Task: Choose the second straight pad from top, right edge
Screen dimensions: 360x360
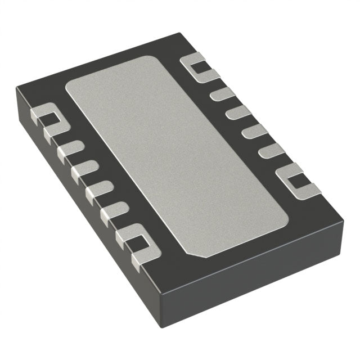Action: click(238, 112)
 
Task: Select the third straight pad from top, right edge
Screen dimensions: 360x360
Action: click(254, 132)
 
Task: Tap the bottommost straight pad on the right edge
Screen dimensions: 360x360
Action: click(271, 151)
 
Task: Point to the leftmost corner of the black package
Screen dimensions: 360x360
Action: click(17, 90)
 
